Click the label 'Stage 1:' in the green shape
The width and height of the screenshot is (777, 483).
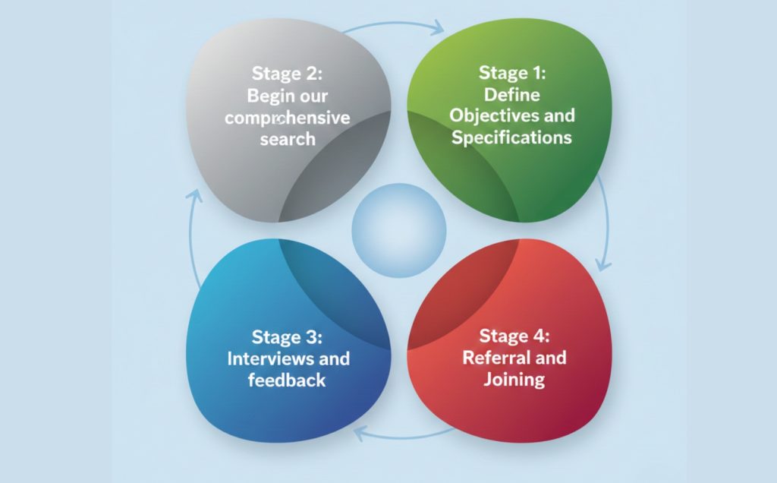coord(512,74)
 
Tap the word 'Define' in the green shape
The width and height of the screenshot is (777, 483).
coord(511,95)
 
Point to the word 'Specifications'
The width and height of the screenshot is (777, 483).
coord(511,137)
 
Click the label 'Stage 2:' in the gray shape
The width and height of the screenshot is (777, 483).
coord(287,74)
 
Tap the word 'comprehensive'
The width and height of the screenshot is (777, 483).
coord(287,118)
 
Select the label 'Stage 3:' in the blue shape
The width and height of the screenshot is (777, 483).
coord(288,336)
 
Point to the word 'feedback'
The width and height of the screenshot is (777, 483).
coord(287,380)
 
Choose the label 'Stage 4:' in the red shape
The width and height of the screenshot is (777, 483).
coord(514,336)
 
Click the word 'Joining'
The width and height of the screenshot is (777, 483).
coord(514,379)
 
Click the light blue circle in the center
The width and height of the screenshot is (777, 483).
coord(399,229)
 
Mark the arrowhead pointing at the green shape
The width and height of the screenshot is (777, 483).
coord(438,31)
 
